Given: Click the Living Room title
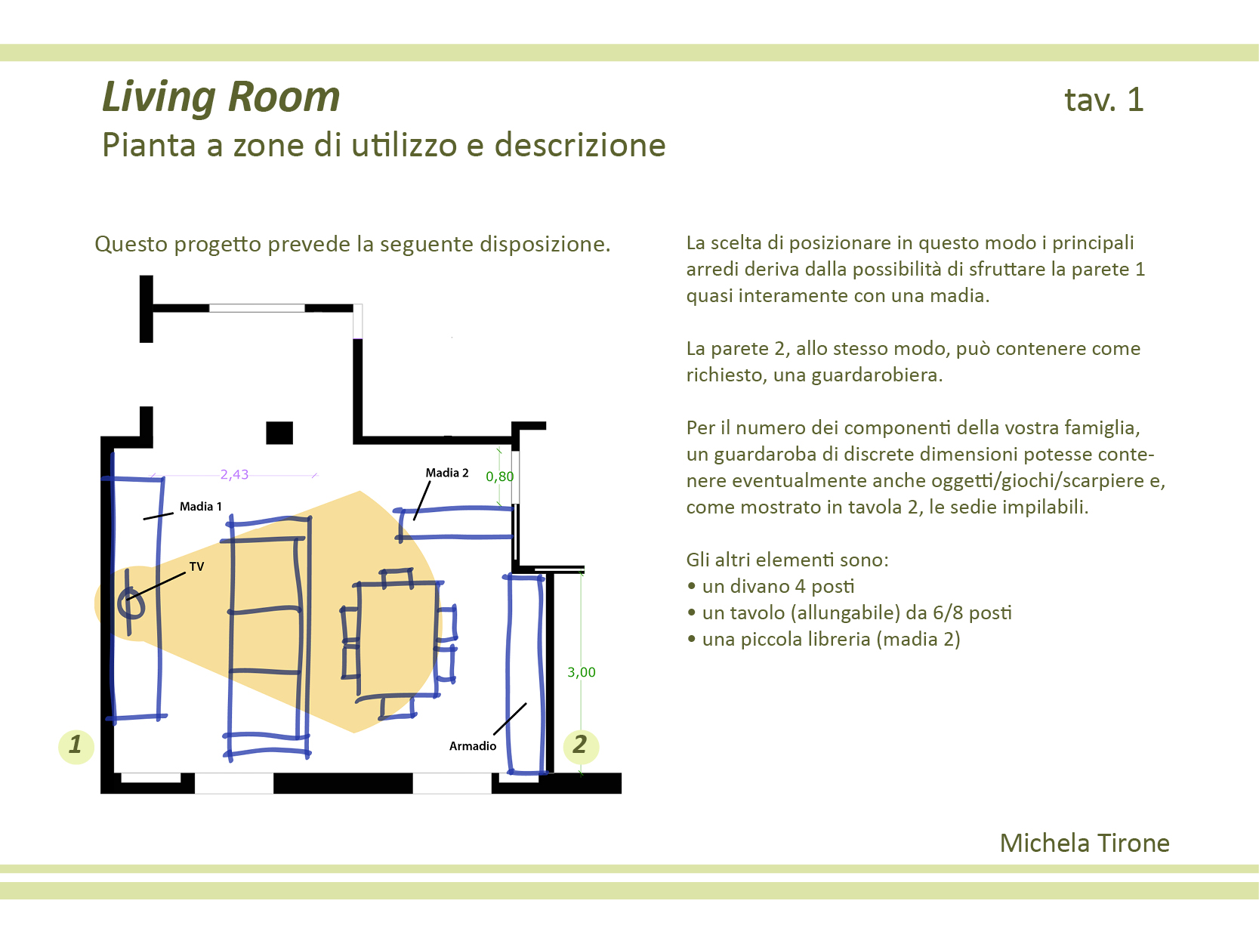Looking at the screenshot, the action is (x=221, y=97).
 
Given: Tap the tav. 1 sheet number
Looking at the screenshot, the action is (x=1103, y=100).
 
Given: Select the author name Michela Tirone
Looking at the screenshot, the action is (x=1084, y=843).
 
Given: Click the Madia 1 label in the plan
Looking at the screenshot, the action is (x=200, y=507).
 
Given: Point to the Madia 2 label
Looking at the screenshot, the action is (x=446, y=473).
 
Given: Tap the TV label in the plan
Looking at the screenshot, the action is (x=196, y=566).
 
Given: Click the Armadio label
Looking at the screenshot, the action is (x=473, y=746).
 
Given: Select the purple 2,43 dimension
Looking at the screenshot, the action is (x=234, y=474).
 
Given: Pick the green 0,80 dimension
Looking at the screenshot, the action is (x=499, y=477).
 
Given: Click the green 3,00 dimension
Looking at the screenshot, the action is (x=581, y=672).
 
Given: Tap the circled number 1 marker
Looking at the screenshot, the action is (x=76, y=745).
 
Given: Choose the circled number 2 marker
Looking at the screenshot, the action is (x=580, y=745).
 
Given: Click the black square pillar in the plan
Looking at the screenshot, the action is (x=279, y=433).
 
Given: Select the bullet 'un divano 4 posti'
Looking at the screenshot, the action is (x=778, y=587).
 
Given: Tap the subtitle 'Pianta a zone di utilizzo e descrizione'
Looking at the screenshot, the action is (x=384, y=145).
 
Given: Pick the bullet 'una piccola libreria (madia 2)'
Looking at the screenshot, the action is (x=831, y=640).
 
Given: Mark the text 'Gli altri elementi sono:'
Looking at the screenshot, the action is (x=787, y=560).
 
